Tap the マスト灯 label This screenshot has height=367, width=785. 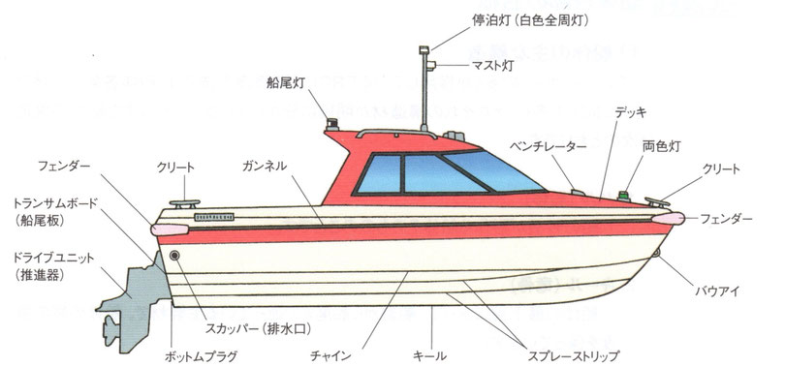pyautogui.click(x=472, y=66)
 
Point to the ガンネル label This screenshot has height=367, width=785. pyautogui.click(x=263, y=167)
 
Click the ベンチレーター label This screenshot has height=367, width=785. pyautogui.click(x=549, y=145)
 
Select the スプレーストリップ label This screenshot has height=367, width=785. pyautogui.click(x=566, y=342)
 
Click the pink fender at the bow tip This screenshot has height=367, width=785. pyautogui.click(x=668, y=217)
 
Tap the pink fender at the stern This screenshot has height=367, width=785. pyautogui.click(x=165, y=224)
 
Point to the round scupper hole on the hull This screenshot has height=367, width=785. pyautogui.click(x=174, y=256)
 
